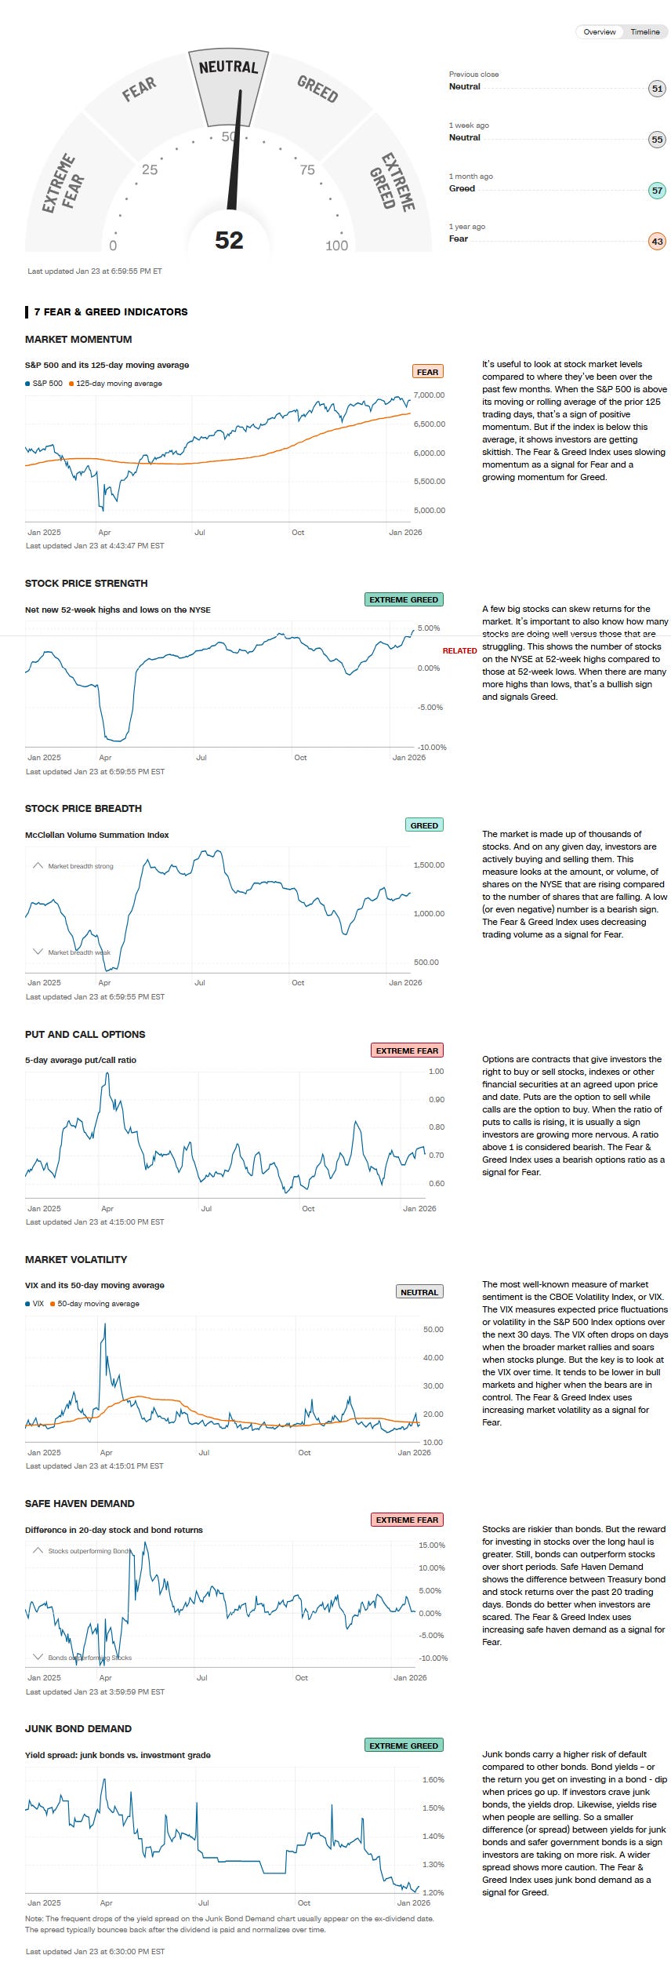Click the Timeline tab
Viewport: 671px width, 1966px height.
point(645,32)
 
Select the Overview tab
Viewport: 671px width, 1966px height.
point(600,32)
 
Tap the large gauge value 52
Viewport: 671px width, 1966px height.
point(229,240)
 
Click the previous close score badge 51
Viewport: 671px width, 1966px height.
point(657,89)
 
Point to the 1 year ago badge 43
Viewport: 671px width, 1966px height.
point(657,241)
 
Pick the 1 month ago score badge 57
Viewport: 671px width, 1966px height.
point(657,190)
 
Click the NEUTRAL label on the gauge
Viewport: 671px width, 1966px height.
point(228,67)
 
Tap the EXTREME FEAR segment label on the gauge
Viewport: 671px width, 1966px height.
point(63,183)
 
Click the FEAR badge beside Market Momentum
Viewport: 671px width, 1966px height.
point(427,372)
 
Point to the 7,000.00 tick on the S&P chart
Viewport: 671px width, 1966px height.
point(429,395)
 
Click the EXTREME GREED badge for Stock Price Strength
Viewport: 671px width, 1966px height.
point(404,599)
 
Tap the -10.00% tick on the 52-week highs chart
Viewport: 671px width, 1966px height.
point(431,747)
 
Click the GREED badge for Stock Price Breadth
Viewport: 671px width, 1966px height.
point(424,825)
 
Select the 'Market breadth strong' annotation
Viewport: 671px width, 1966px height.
point(80,866)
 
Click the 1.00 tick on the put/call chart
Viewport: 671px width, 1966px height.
point(436,1071)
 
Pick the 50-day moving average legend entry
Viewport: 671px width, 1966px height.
point(98,1304)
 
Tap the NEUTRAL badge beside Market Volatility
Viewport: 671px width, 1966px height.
point(419,1292)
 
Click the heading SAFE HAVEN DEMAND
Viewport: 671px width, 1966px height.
point(80,1503)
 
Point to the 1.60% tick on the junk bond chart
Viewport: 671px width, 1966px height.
point(433,1779)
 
